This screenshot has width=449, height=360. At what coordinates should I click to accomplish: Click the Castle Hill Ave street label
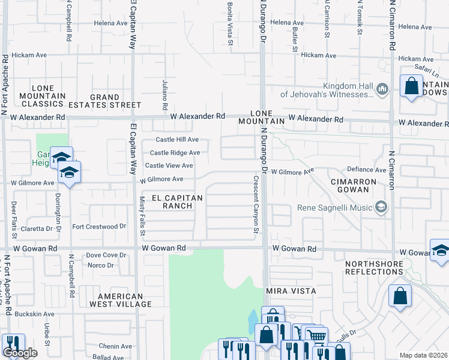pos(174,140)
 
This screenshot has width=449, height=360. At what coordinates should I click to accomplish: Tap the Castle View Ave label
pos(169,166)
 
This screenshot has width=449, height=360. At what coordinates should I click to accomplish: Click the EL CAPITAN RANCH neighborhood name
pos(172,202)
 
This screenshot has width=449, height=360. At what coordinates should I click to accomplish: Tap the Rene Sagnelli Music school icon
pos(380,208)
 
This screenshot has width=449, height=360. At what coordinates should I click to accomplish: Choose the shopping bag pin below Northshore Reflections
pos(400,296)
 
